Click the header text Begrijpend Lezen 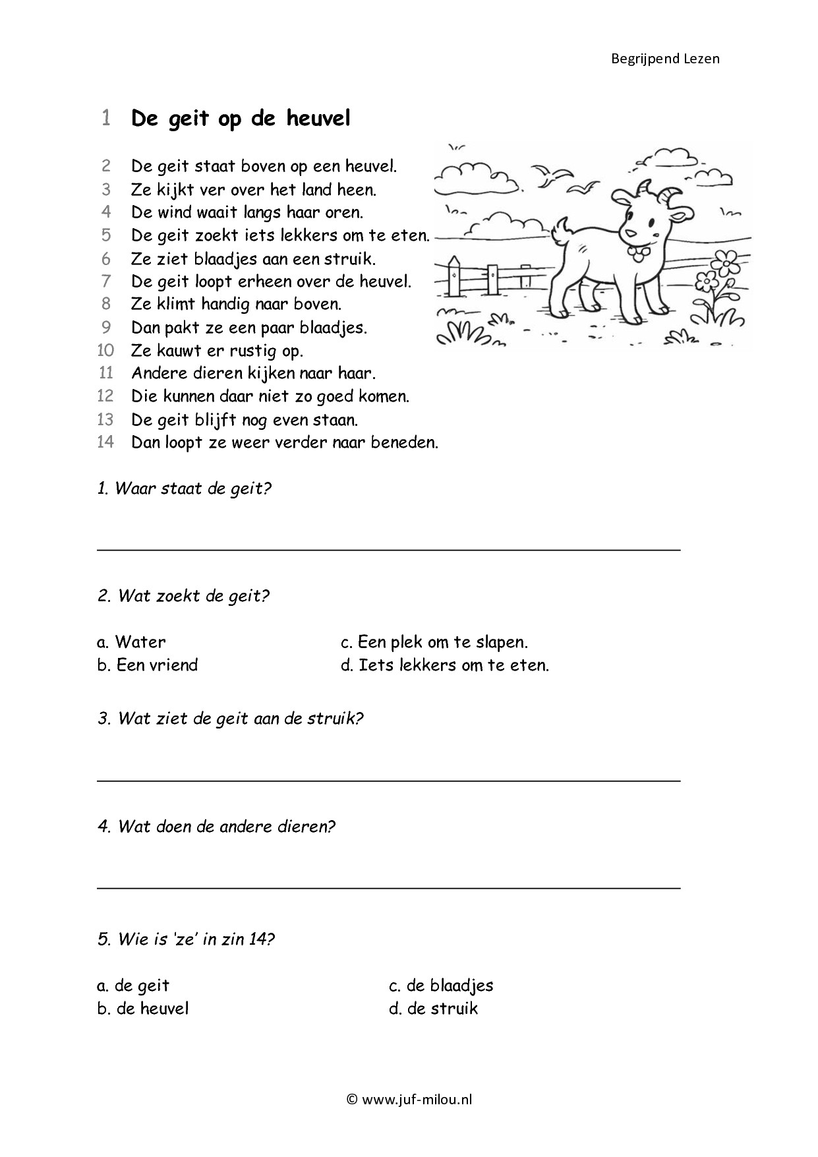point(664,59)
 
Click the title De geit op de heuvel point(241,119)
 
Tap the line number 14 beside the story point(105,442)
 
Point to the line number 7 point(106,282)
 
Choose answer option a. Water point(131,642)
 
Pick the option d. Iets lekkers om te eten point(445,665)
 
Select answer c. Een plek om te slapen point(434,642)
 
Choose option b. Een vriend point(147,665)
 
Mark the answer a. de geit point(133,986)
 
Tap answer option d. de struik point(433,1009)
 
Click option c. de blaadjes point(441,986)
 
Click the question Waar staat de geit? point(184,489)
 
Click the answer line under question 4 point(389,888)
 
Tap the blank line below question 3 point(389,781)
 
